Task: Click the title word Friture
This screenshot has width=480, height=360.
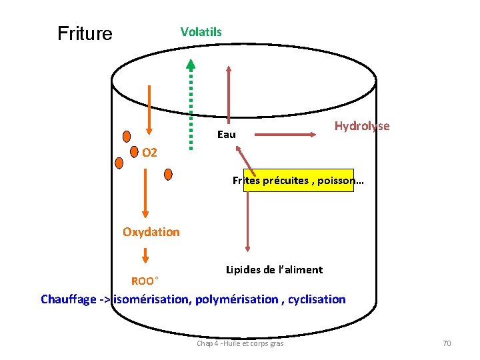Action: click(85, 33)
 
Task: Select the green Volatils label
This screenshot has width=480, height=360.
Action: click(201, 31)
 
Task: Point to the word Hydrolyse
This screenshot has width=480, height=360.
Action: click(362, 126)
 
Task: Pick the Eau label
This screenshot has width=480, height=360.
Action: click(227, 135)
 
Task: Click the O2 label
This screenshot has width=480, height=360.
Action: click(149, 153)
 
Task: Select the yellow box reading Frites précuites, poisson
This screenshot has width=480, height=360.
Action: click(299, 180)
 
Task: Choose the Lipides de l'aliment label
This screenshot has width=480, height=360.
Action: click(274, 269)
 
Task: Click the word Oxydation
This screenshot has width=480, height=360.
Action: click(151, 232)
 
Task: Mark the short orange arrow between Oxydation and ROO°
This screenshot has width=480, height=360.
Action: click(146, 256)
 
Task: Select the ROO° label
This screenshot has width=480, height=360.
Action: click(145, 281)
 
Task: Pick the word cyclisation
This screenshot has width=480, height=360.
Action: click(317, 299)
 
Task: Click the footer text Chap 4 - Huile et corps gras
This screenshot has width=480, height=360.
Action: click(240, 343)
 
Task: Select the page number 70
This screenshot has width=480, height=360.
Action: click(447, 343)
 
